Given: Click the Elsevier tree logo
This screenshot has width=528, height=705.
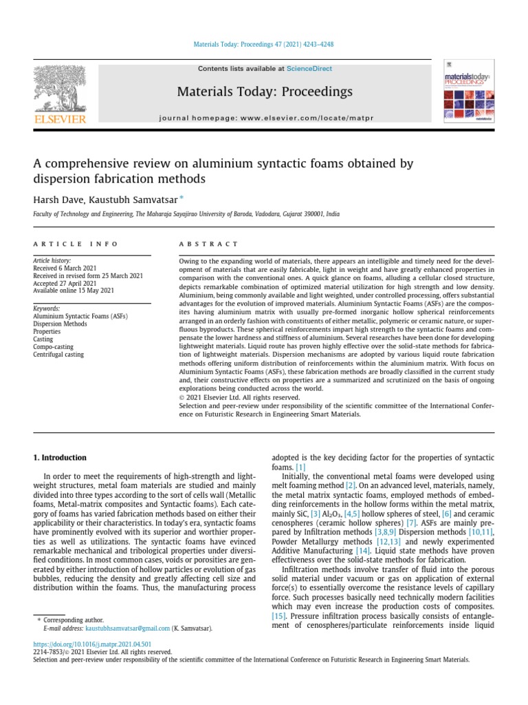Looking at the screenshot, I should point(60,90).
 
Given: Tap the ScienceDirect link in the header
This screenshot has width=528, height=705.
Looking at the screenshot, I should point(309,69).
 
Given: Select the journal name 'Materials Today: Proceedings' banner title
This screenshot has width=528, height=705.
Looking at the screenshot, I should point(265,92).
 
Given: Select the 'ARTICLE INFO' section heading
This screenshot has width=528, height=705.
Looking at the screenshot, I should point(76,244).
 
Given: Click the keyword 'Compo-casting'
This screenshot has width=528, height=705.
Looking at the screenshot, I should point(54,347).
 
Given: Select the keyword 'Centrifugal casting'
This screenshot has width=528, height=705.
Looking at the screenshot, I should point(58,355).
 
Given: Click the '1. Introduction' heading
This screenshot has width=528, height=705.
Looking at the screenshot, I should point(60,457).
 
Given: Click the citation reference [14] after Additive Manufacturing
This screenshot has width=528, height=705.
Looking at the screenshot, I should point(363,551).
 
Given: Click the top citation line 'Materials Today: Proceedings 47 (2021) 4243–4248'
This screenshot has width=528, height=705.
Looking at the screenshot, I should point(264,46).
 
